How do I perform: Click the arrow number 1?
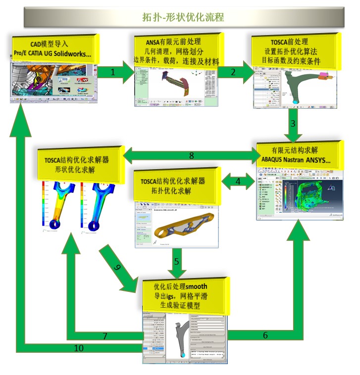pyautogui.click(x=113, y=72)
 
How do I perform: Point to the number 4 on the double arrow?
pyautogui.click(x=238, y=182)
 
